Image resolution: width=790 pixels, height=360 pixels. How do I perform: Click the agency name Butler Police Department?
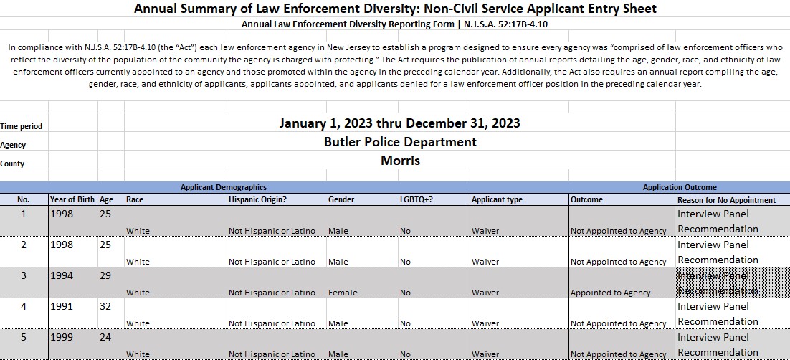[399, 142]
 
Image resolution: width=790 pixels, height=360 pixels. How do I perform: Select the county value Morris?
[399, 161]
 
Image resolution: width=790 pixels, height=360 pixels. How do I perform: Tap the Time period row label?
[22, 126]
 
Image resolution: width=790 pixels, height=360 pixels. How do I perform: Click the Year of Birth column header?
[72, 199]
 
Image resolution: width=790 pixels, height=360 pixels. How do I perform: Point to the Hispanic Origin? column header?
[257, 199]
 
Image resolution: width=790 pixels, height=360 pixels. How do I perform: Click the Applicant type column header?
[497, 199]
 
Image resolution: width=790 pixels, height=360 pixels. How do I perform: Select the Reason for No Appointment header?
[726, 200]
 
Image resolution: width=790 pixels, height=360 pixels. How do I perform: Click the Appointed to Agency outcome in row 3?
[610, 293]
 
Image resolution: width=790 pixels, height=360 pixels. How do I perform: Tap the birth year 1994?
[62, 275]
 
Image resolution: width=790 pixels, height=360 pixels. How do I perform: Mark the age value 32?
[106, 306]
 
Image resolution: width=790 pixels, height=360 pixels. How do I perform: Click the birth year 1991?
[62, 306]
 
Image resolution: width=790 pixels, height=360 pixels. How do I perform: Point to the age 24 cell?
[106, 337]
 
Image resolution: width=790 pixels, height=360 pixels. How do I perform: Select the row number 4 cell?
[23, 306]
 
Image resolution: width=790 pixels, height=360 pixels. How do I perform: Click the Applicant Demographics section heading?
[223, 187]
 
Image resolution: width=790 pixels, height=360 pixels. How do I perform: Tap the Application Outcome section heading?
[679, 187]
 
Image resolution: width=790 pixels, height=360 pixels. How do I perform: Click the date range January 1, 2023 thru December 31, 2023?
[399, 123]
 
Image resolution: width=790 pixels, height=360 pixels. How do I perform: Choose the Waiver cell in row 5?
[485, 354]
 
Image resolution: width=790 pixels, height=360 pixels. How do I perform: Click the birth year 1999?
[62, 337]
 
